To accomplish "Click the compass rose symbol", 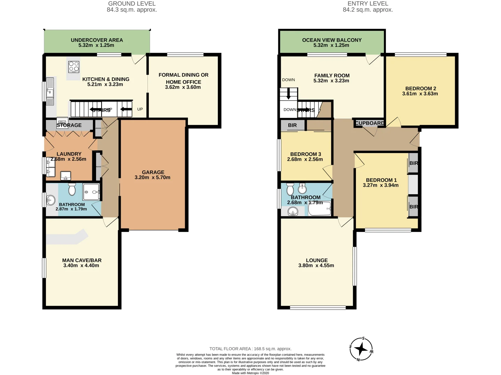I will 361,349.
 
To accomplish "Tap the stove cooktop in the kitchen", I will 74,66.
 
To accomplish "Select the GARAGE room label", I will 153,172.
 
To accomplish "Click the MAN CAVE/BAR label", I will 82,260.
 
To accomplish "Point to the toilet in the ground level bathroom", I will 72,190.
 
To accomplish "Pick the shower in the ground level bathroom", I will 91,192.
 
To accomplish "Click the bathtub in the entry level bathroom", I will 319,209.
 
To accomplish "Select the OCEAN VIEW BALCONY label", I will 332,40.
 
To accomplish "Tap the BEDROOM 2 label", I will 420,89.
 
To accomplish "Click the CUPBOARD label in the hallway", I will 369,123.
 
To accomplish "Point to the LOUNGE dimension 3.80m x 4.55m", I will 316,266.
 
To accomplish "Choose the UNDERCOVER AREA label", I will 97,40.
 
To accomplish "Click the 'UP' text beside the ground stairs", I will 140,109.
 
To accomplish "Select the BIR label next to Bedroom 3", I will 292,125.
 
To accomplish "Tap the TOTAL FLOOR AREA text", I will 250,349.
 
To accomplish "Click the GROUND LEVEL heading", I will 132,4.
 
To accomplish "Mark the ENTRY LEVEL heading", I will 368,4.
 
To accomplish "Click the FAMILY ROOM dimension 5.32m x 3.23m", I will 331,81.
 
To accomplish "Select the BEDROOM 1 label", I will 381,180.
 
